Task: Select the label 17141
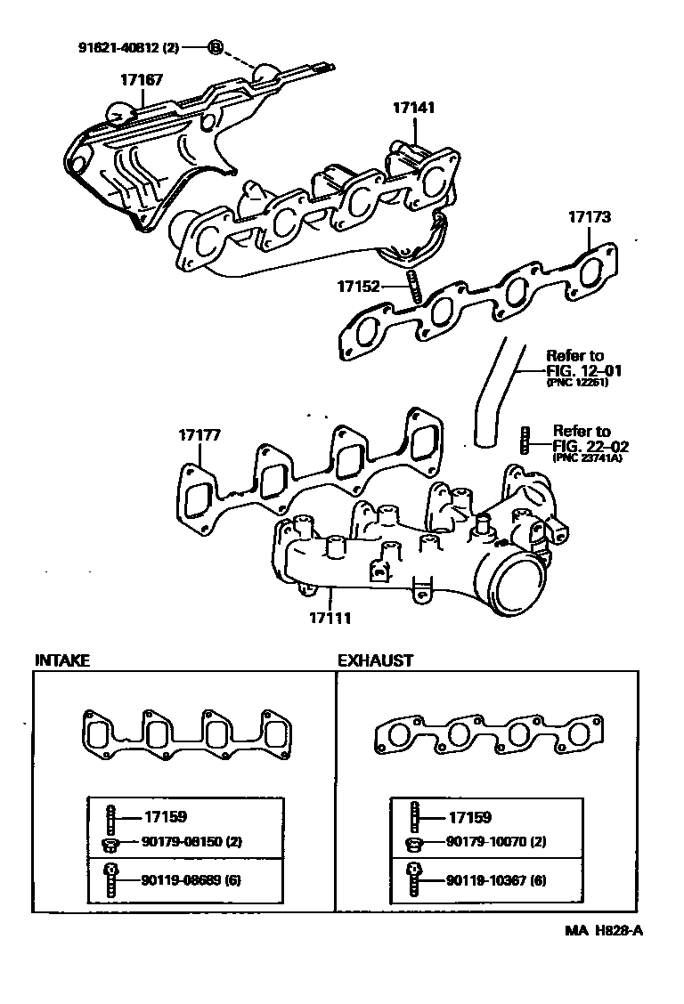pyautogui.click(x=414, y=107)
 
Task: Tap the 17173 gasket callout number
pyautogui.click(x=590, y=216)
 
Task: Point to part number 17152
pyautogui.click(x=359, y=286)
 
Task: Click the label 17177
pyautogui.click(x=199, y=435)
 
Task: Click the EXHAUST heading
pyautogui.click(x=375, y=660)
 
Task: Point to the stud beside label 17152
pyautogui.click(x=412, y=287)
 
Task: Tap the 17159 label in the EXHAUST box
pyautogui.click(x=469, y=817)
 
